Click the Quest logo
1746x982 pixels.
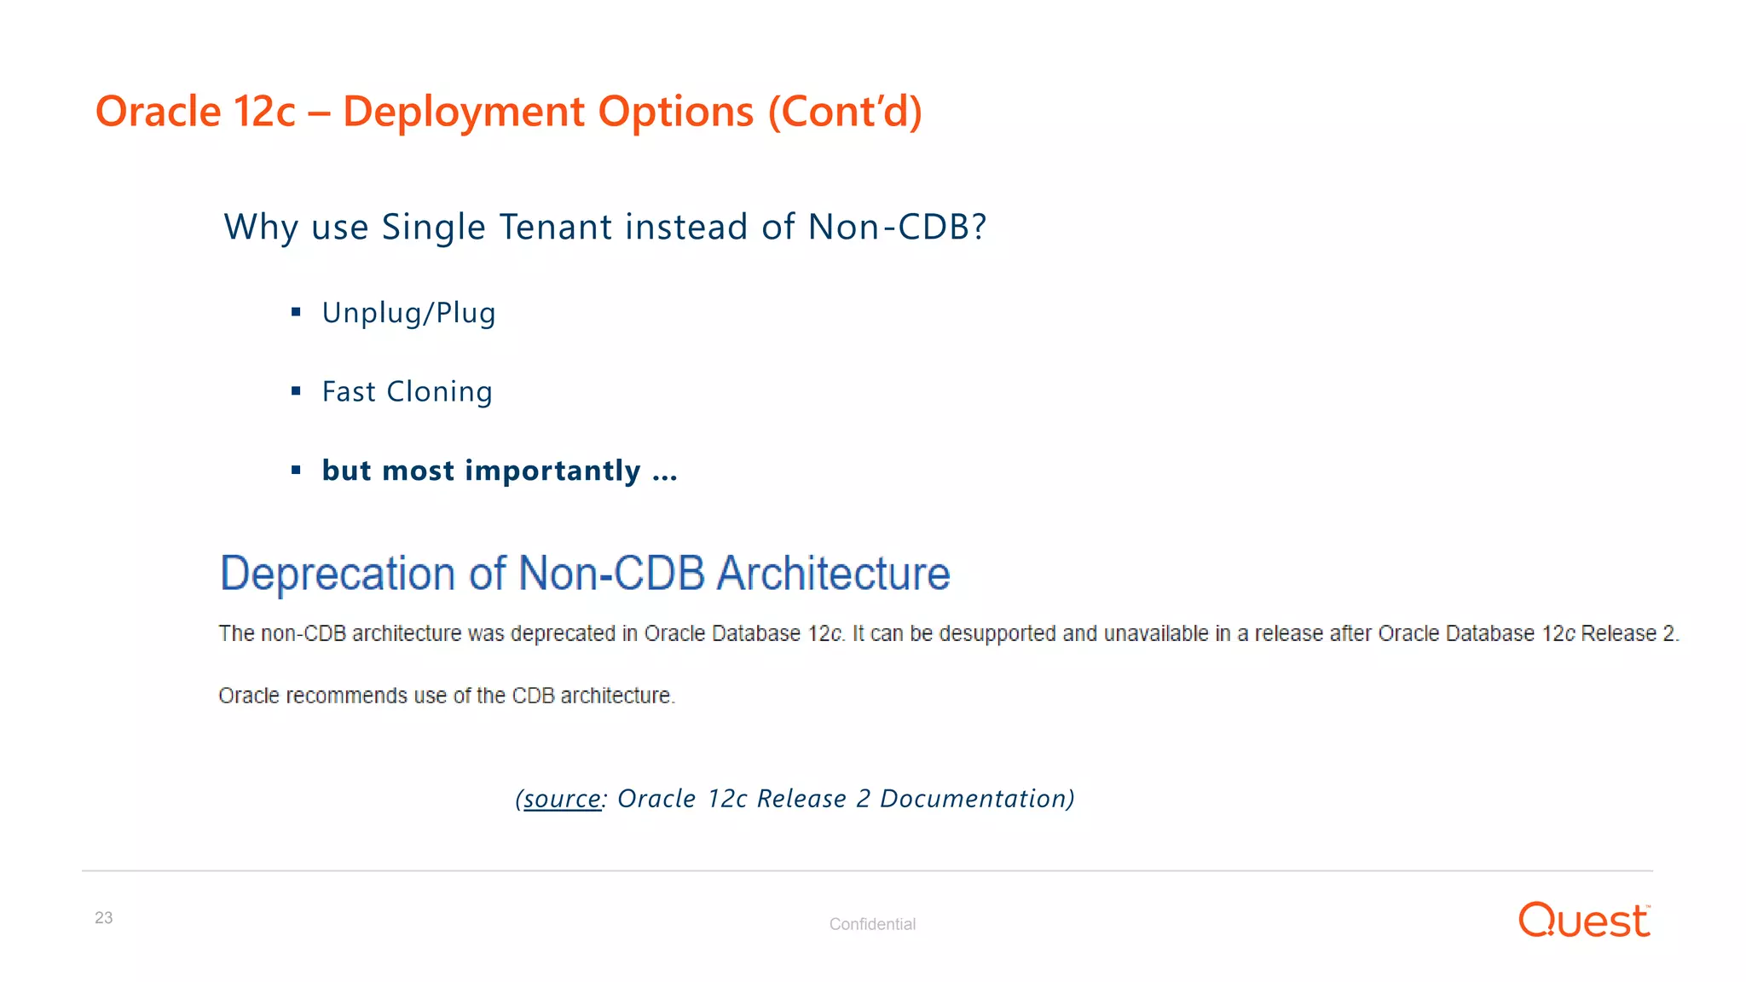1584,921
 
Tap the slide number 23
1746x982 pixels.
103,918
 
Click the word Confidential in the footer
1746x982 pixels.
872,924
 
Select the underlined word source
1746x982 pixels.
562,799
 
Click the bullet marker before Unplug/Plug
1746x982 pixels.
296,312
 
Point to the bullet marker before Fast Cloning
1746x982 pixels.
296,391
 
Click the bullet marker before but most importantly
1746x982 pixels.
296,470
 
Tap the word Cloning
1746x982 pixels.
439,392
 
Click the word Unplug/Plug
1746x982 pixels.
408,313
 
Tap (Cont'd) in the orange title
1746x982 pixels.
845,112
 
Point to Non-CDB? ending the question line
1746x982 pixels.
897,227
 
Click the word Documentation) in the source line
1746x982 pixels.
977,799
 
